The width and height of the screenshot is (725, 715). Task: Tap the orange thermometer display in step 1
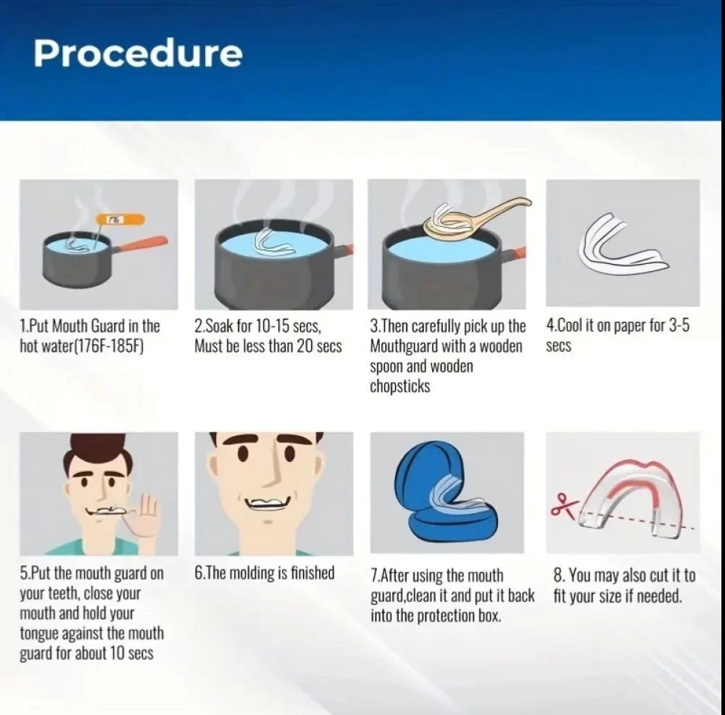[x=120, y=219]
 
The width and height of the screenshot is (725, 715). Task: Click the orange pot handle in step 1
[x=141, y=244]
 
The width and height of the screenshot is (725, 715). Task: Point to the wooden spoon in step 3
[x=476, y=216]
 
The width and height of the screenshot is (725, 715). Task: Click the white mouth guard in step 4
[x=622, y=246]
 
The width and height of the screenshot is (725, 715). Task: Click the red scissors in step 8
[x=563, y=505]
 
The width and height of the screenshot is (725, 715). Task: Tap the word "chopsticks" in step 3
[x=400, y=387]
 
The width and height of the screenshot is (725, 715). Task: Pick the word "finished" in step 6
[x=312, y=573]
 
